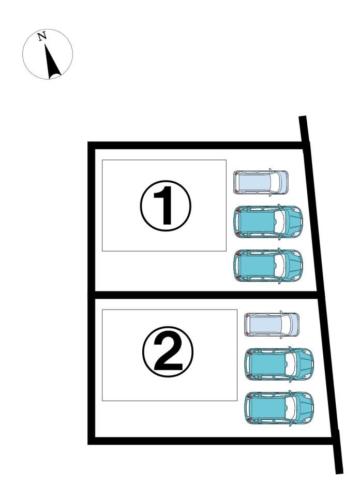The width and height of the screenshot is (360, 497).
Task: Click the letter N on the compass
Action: pos(42,36)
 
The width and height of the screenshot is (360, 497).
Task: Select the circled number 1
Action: pos(165,206)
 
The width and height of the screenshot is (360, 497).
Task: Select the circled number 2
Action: pos(168,352)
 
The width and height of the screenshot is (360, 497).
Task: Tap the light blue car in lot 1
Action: pos(261,182)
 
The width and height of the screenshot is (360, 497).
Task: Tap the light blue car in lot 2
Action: pos(272,325)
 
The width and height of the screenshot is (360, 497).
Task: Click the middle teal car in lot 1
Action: pos(268,222)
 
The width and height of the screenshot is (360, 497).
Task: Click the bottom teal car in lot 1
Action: pos(268,266)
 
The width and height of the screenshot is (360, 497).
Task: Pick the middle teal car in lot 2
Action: pos(279,364)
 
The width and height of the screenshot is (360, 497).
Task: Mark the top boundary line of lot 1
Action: pos(197,145)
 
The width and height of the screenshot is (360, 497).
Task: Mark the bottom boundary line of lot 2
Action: pos(210,441)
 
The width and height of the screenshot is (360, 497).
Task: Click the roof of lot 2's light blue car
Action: pos(266,325)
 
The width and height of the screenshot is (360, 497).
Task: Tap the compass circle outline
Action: pos(48,30)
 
